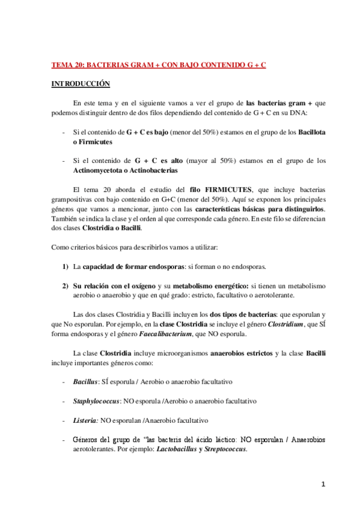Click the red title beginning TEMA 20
[x=158, y=64]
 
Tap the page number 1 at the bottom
[x=323, y=484]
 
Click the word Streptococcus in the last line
[x=225, y=450]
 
